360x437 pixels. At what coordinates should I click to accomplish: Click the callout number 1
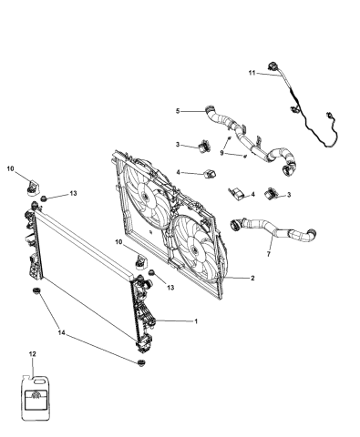coord(194,320)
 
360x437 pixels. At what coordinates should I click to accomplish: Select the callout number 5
coord(178,111)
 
